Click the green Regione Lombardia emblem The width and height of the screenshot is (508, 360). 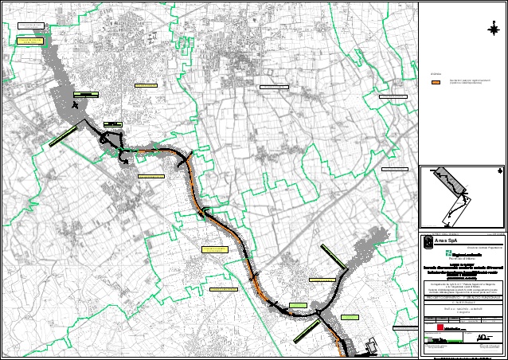click(x=436, y=253)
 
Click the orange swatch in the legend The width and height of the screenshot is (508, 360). click(x=436, y=81)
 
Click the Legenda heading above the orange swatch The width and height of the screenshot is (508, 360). click(x=435, y=74)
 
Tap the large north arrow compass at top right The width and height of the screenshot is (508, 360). click(x=491, y=29)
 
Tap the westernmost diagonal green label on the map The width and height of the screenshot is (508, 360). click(x=62, y=137)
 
